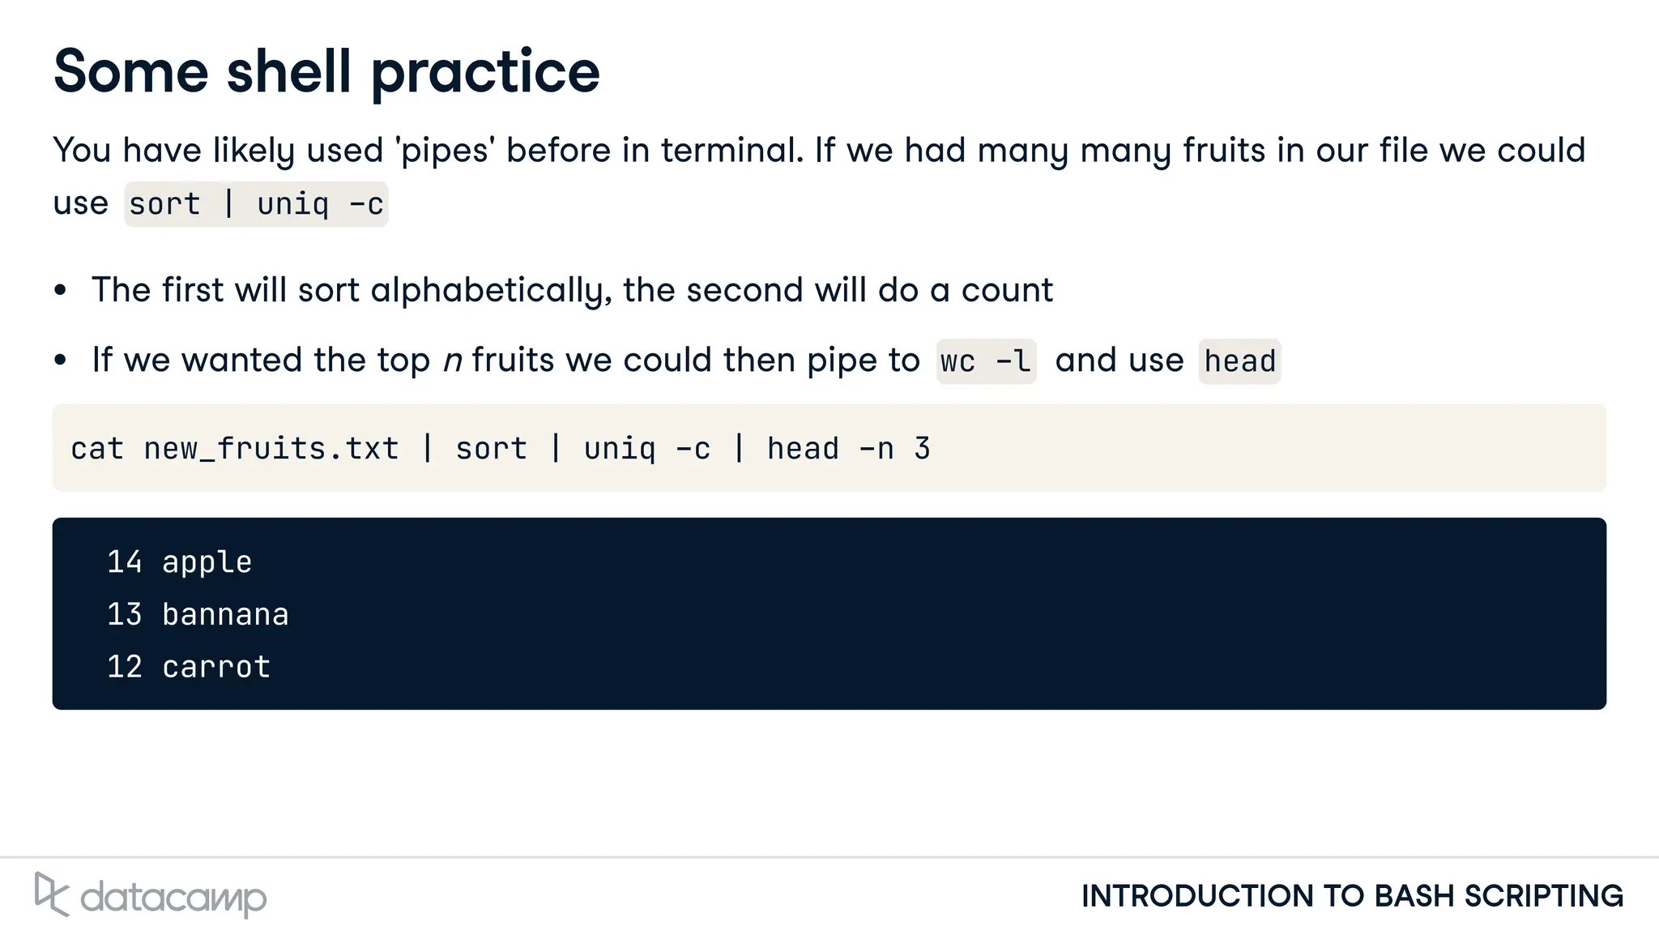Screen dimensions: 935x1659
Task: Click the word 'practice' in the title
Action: [485, 73]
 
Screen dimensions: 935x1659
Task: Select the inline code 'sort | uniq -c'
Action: [256, 204]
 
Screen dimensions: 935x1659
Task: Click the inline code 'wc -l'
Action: [986, 361]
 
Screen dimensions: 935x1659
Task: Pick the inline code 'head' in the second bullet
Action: [1239, 361]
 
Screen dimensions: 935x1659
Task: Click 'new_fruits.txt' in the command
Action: [271, 449]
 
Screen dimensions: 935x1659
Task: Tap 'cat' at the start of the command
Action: [97, 449]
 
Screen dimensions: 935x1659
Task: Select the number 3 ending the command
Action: [922, 449]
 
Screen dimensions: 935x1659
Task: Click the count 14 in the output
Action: [125, 562]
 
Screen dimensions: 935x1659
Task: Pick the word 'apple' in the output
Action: [207, 562]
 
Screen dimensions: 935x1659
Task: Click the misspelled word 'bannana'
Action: [225, 615]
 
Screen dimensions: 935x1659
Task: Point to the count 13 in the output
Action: [125, 615]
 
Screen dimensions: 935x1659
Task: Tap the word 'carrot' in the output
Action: [216, 667]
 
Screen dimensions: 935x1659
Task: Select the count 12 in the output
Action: [125, 667]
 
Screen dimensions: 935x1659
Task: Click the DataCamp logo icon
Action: [51, 894]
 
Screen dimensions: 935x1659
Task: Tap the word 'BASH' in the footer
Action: [1414, 896]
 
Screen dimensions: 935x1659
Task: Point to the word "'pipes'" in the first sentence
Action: [445, 152]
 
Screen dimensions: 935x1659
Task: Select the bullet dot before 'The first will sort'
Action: [61, 291]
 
